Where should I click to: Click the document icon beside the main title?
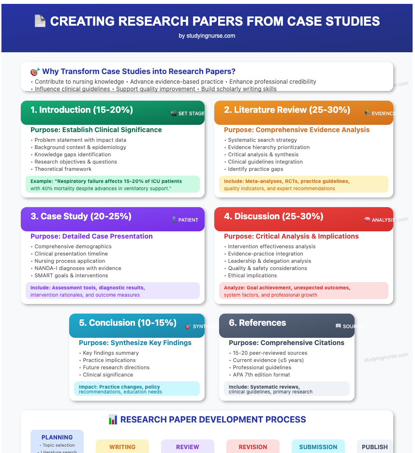[40, 21]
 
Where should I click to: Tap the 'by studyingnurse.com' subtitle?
[207, 36]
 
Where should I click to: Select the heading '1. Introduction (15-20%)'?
[81, 110]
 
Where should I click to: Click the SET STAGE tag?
[188, 113]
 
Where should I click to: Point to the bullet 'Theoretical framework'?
[63, 169]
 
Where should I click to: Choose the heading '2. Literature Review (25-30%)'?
[287, 110]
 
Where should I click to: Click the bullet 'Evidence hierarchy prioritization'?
[268, 147]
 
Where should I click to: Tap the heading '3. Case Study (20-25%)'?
[81, 216]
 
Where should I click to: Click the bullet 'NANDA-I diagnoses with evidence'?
[78, 268]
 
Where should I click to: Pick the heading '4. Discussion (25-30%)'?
[274, 216]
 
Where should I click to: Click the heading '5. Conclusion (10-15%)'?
[128, 323]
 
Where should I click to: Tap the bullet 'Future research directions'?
[116, 367]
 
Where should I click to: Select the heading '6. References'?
[257, 323]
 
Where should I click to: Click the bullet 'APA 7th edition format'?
[261, 375]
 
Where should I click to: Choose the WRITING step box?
[122, 447]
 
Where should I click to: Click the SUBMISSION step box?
[318, 447]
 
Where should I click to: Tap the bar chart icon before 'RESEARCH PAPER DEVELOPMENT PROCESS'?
[113, 420]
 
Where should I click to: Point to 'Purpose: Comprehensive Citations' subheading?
[287, 343]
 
